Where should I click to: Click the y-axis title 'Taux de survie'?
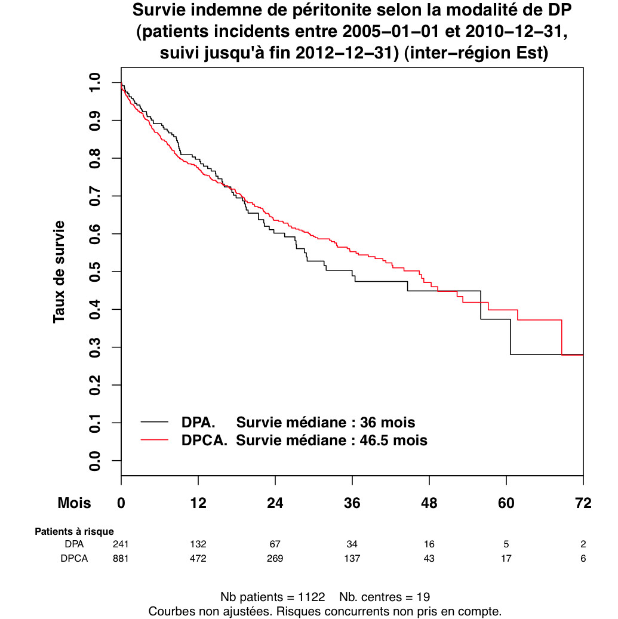[59, 272]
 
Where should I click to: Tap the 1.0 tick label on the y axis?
[95, 82]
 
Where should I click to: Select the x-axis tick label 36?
[352, 503]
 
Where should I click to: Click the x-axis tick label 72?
[583, 503]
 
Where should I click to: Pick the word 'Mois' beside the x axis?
[74, 503]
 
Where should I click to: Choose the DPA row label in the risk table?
[75, 544]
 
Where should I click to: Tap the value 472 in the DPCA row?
[198, 559]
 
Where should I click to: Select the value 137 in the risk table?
[352, 559]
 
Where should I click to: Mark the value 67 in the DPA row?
[275, 544]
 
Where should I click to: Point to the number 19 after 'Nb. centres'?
[423, 597]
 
